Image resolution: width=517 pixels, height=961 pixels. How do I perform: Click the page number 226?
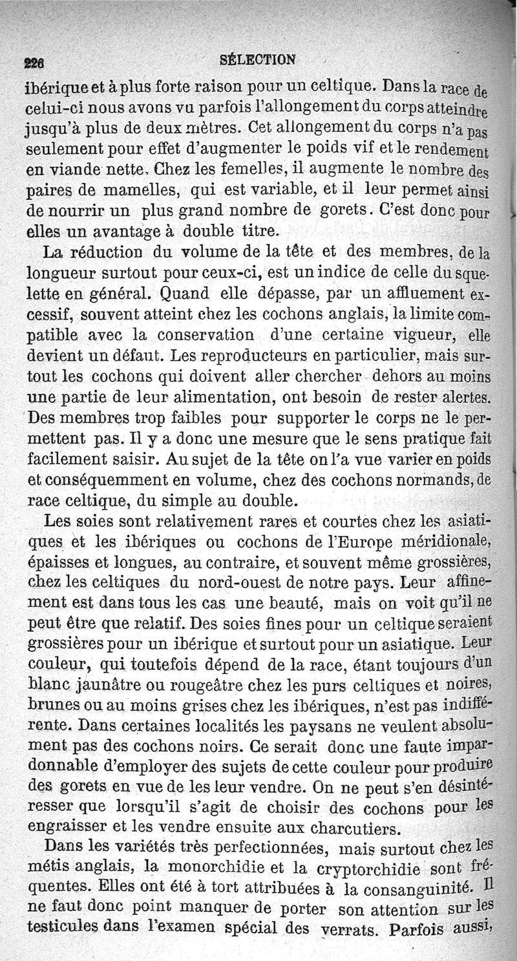click(x=34, y=63)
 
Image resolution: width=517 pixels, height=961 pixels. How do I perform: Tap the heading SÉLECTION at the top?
click(x=258, y=60)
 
